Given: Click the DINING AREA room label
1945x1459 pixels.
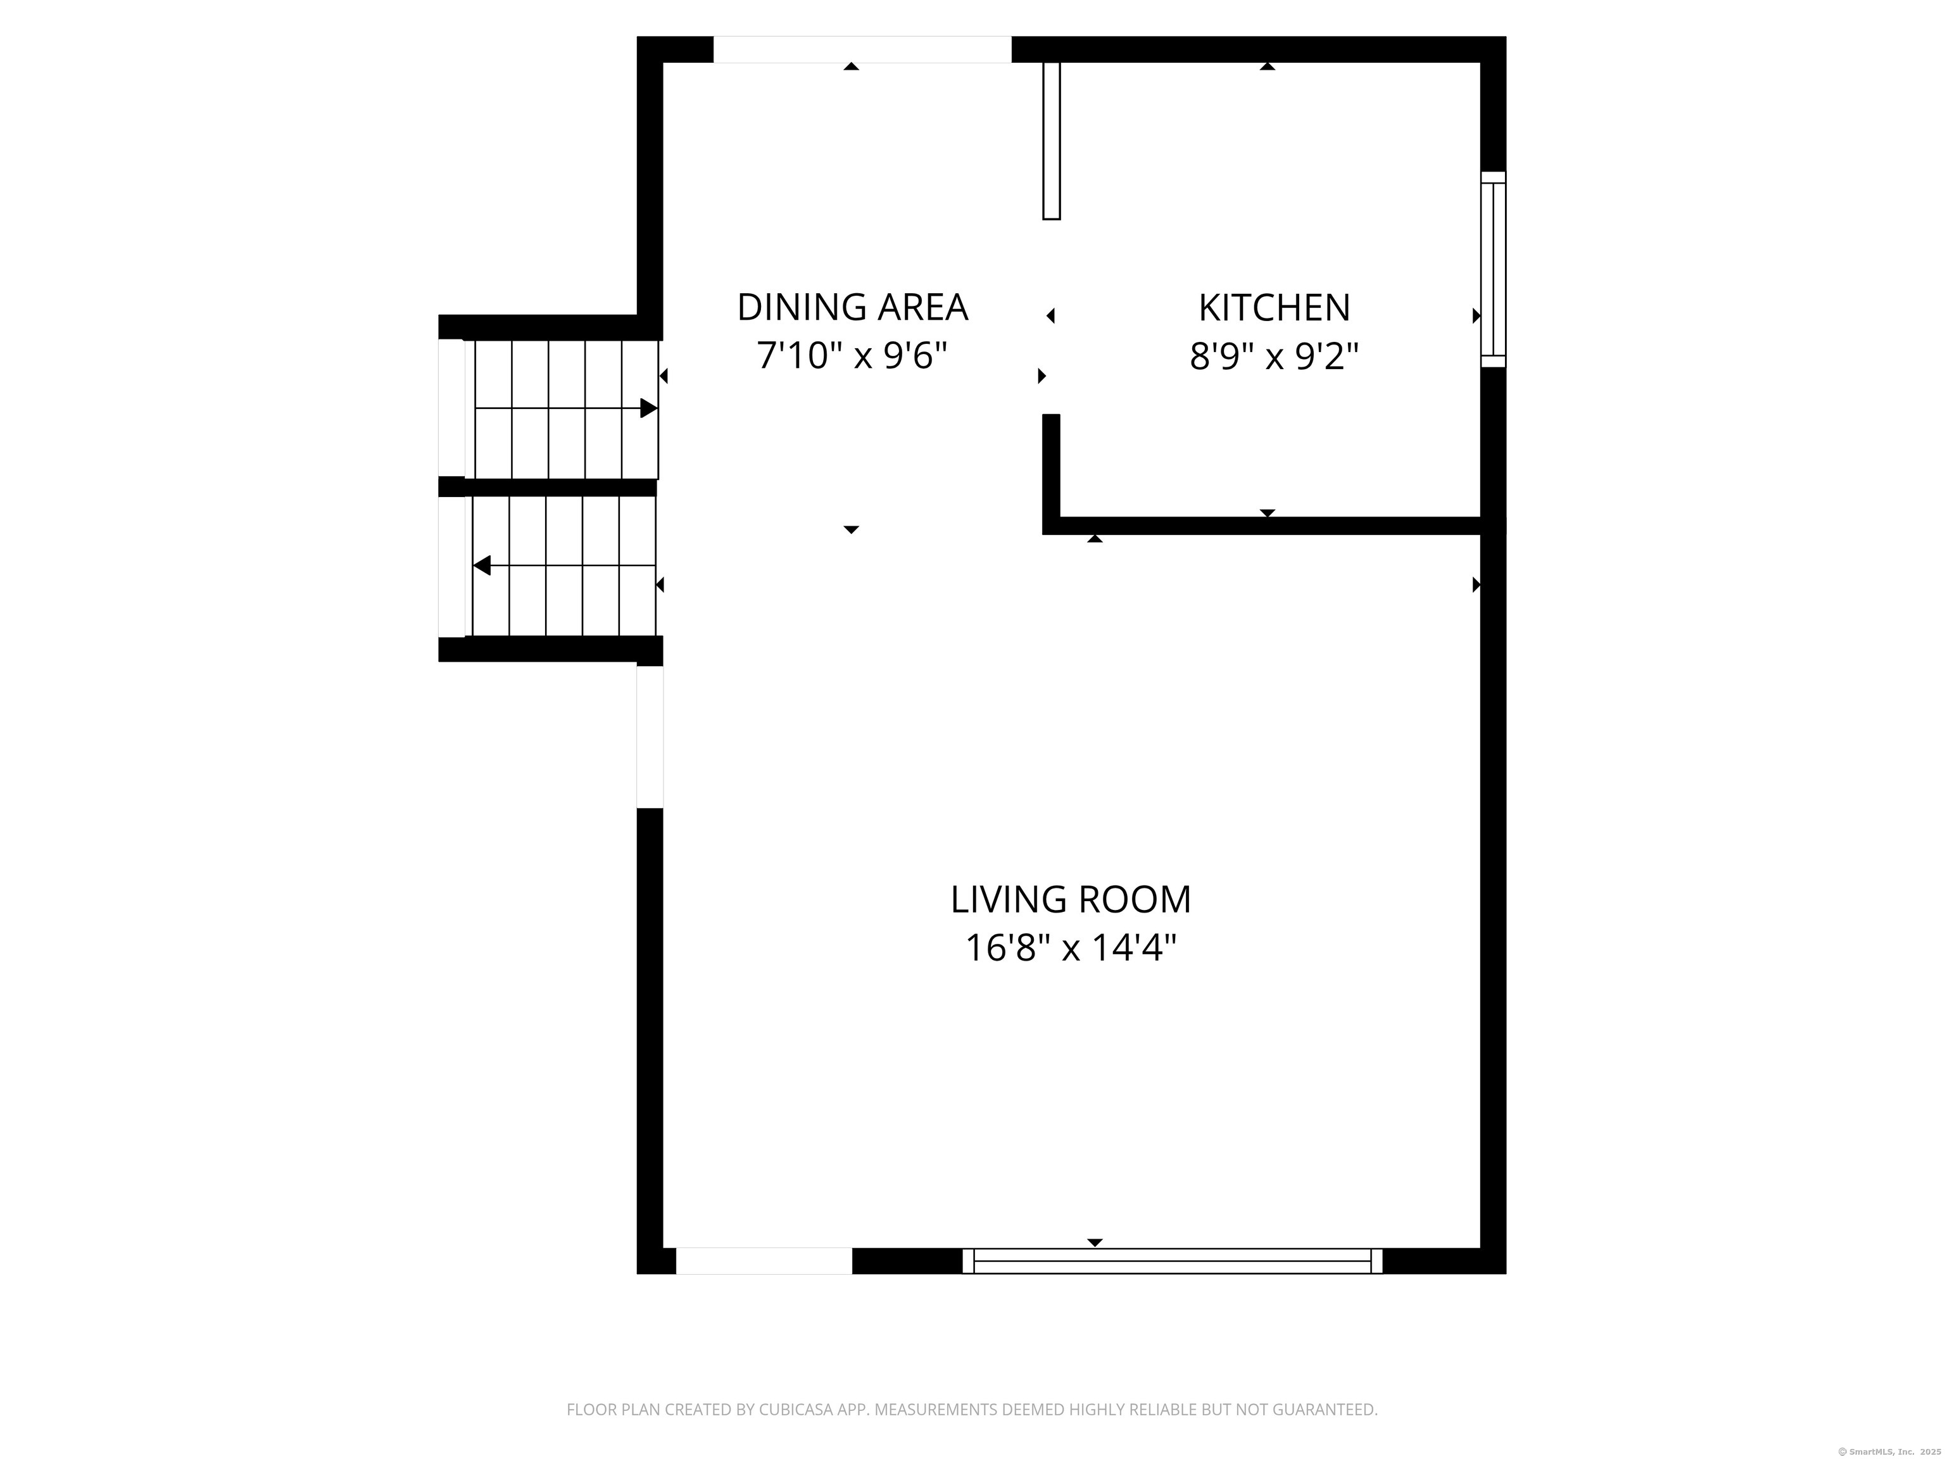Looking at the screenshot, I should coord(852,308).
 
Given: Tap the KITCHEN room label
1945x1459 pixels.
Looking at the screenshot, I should coord(1274,308).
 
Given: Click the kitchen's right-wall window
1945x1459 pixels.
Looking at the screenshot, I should coord(1493,269).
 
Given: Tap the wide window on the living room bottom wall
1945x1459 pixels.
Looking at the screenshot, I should coord(1172,1261).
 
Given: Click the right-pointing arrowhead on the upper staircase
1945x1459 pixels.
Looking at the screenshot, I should coord(649,408).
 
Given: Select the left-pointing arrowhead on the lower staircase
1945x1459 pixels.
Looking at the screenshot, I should coord(482,565).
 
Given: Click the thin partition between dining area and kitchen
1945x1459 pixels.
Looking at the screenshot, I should coord(1052,141).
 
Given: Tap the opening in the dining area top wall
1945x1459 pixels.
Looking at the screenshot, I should coord(862,50).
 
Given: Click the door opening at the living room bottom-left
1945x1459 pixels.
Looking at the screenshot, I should coord(763,1261).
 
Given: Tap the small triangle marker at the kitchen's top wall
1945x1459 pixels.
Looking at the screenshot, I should coord(1267,66).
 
